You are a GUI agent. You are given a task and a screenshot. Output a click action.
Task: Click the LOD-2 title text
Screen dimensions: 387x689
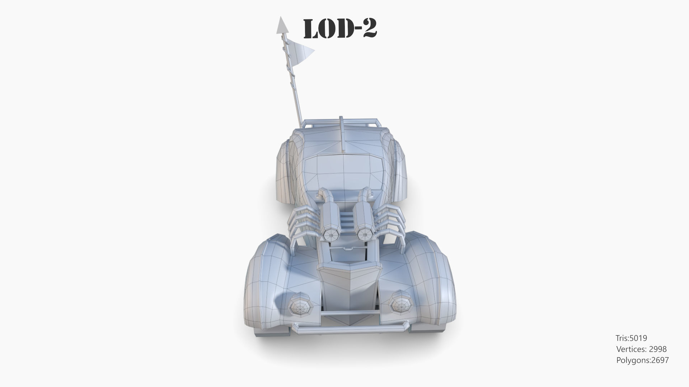340,29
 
